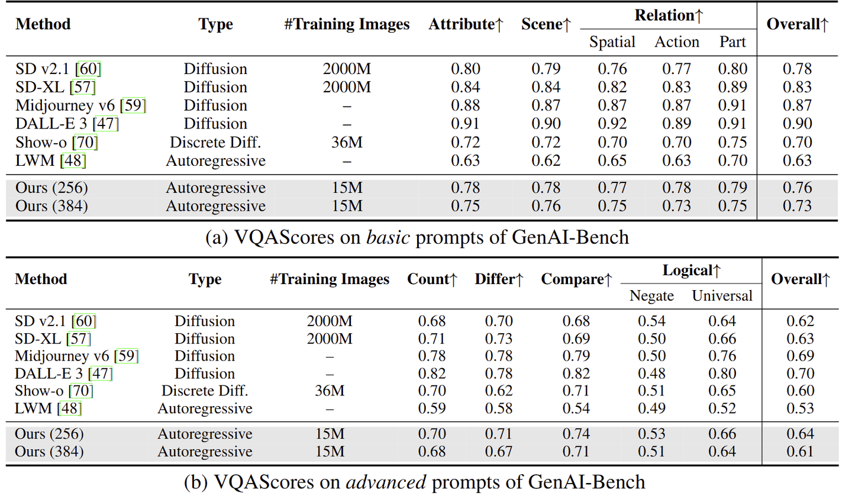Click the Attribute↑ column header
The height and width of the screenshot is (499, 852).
[466, 24]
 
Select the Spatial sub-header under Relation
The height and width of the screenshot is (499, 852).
[612, 42]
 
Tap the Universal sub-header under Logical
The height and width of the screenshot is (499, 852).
[722, 295]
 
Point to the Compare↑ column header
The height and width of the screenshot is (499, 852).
[576, 279]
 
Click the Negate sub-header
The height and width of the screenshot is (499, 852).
[651, 295]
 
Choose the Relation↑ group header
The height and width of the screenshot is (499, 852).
[669, 15]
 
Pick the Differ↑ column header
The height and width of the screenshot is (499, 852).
[499, 279]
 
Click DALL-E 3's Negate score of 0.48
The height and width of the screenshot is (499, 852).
[651, 374]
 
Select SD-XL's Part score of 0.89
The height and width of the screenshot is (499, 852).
[732, 87]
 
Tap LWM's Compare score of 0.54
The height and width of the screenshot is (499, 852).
[576, 408]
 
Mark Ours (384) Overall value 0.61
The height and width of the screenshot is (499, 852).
[800, 452]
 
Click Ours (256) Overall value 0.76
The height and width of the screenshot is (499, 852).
[797, 188]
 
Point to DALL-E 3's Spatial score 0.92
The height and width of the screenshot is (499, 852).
[612, 124]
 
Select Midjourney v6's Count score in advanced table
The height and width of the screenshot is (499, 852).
[432, 356]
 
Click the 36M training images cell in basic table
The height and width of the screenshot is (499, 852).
[347, 143]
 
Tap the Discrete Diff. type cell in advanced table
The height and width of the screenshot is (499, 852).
[205, 391]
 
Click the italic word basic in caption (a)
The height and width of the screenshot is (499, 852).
[388, 237]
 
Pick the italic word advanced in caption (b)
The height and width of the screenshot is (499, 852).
[386, 482]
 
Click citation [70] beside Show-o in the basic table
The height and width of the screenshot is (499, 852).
[85, 143]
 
